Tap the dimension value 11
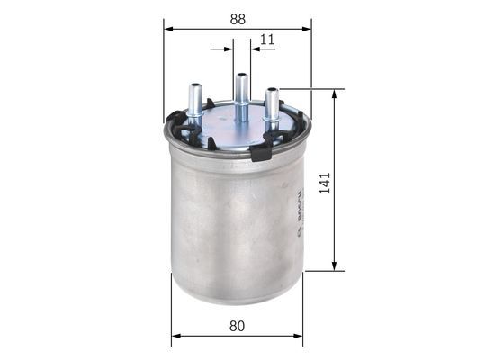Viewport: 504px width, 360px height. click(x=267, y=39)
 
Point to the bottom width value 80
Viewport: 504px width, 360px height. click(x=238, y=327)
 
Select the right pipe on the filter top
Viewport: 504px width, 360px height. click(x=272, y=108)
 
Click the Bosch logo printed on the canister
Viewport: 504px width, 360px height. click(x=299, y=210)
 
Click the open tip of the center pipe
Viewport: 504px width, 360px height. click(x=241, y=76)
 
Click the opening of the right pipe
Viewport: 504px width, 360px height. click(x=272, y=90)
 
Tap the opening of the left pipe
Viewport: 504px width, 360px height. click(x=194, y=86)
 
